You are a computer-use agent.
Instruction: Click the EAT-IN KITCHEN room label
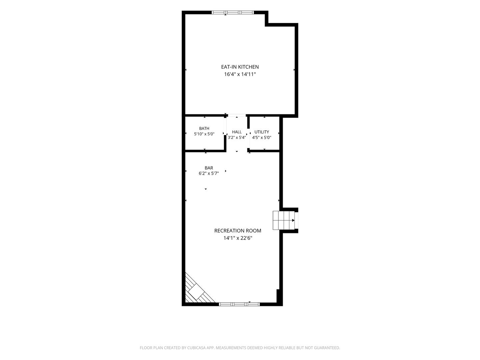pos(240,67)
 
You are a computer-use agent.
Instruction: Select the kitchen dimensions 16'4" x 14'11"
pos(240,74)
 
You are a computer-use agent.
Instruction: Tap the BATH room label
pos(204,129)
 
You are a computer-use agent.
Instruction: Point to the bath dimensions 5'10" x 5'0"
pos(204,134)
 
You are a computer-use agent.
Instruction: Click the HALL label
pos(237,132)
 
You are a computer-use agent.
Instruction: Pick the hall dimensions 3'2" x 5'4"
pos(237,137)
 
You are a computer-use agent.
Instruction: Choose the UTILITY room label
pos(262,132)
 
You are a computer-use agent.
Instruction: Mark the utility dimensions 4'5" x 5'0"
pos(262,137)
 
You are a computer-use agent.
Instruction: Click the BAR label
pos(209,168)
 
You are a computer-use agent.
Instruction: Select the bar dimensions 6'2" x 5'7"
pos(209,174)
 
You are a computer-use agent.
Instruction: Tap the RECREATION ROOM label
pos(237,231)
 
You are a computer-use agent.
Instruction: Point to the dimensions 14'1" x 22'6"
pos(238,238)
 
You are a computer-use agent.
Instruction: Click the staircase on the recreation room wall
pos(283,220)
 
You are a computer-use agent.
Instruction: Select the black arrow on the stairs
pos(293,220)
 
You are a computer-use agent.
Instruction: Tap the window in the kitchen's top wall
pos(233,12)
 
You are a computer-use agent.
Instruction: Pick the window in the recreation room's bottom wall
pos(239,304)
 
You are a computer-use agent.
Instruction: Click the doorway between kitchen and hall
pos(237,115)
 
